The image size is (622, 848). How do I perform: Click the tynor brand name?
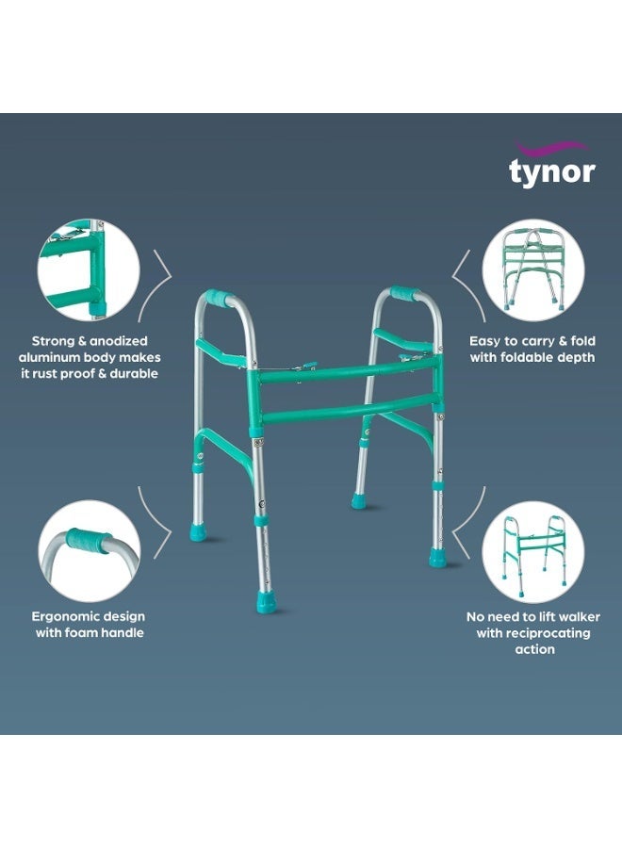[x=551, y=172]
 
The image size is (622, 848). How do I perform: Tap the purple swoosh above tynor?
[x=550, y=148]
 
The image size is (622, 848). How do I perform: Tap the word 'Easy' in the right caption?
[x=485, y=341]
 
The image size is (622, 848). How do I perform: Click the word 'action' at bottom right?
[x=534, y=649]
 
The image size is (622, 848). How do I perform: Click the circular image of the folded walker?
[x=532, y=269]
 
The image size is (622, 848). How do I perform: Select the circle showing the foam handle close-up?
[x=90, y=550]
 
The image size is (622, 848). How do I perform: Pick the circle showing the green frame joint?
[x=89, y=269]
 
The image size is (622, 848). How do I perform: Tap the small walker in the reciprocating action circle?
[x=533, y=555]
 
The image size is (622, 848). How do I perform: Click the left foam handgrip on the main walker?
[x=219, y=297]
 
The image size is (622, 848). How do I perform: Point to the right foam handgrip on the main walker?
[x=404, y=293]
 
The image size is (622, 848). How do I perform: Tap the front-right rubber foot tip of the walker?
[x=437, y=557]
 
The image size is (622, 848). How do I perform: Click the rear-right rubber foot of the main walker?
[x=359, y=501]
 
